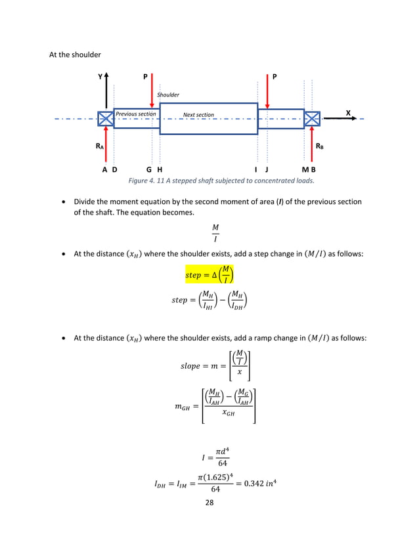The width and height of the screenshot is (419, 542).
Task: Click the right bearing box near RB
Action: pos(311,119)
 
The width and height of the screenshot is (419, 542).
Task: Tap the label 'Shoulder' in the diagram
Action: pos(168,95)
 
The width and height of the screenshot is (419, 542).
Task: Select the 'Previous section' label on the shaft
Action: pos(136,114)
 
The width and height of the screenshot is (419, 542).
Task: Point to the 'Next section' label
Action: pos(198,115)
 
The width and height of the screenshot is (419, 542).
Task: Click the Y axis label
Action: pos(100,77)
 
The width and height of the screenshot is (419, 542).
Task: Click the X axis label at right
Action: pos(348,113)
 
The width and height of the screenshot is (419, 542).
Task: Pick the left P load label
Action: pos(146,77)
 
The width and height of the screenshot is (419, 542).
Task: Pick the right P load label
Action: pos(275,77)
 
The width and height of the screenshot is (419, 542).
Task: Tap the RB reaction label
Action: pos(319,147)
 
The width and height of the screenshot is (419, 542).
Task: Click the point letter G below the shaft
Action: pos(149,169)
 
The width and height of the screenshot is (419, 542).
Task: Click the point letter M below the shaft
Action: pos(305,169)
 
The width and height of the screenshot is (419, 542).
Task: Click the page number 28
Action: pos(209,503)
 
